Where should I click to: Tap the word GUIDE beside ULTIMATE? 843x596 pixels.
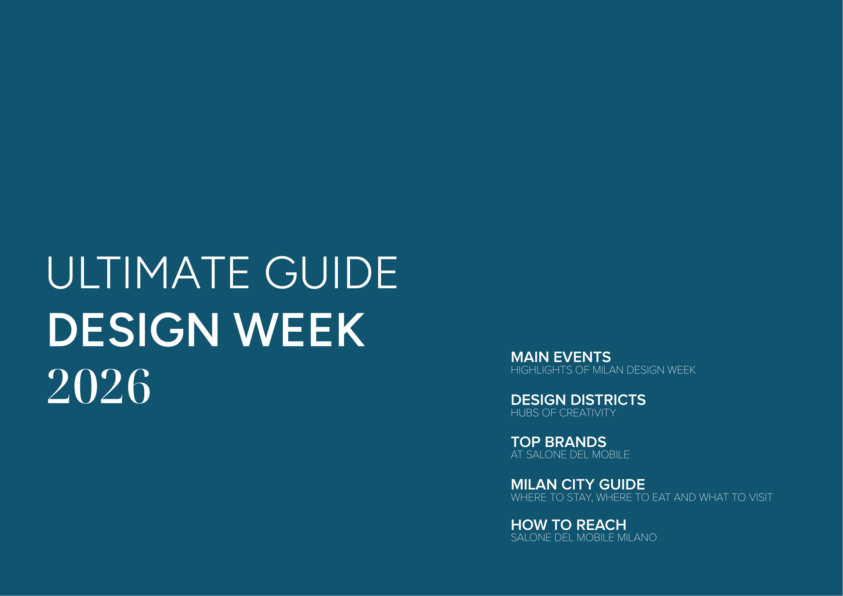[x=331, y=272]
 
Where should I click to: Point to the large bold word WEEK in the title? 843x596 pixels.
[x=299, y=330]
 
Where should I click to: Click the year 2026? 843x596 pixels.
[x=99, y=386]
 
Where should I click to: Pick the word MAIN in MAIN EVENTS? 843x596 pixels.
[x=530, y=357]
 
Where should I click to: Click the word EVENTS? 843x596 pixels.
[x=582, y=357]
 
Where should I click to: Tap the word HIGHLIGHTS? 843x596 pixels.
[x=542, y=370]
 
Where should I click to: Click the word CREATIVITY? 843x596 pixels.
[x=587, y=413]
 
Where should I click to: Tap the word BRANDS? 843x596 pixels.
[x=575, y=442]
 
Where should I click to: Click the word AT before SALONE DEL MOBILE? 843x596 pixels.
[x=517, y=455]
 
